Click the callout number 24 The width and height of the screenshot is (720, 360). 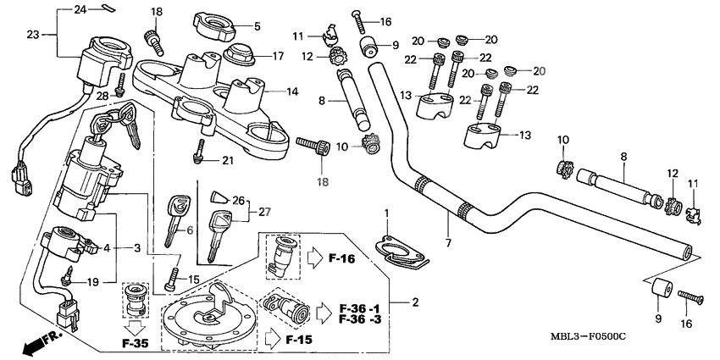click(80, 9)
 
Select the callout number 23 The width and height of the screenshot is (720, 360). click(33, 35)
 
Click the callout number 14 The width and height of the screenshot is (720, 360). click(291, 91)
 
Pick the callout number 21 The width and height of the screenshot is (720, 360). click(226, 161)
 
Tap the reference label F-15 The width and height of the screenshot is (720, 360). click(298, 340)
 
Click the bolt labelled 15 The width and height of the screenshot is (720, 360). click(174, 277)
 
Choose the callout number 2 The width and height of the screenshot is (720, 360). click(415, 302)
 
